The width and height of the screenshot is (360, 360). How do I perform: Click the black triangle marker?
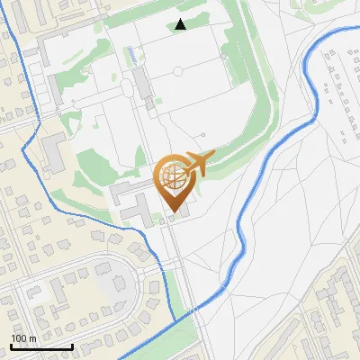click(181, 24)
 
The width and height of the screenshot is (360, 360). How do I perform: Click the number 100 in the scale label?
click(19, 339)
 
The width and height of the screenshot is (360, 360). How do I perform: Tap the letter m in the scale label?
click(32, 339)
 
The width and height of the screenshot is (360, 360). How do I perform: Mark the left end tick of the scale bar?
click(11, 346)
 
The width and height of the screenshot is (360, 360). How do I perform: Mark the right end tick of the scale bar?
click(72, 346)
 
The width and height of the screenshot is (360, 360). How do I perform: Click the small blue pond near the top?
click(134, 55)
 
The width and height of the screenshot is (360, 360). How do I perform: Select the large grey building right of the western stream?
click(54, 153)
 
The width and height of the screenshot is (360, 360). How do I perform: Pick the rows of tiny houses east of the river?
click(342, 99)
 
